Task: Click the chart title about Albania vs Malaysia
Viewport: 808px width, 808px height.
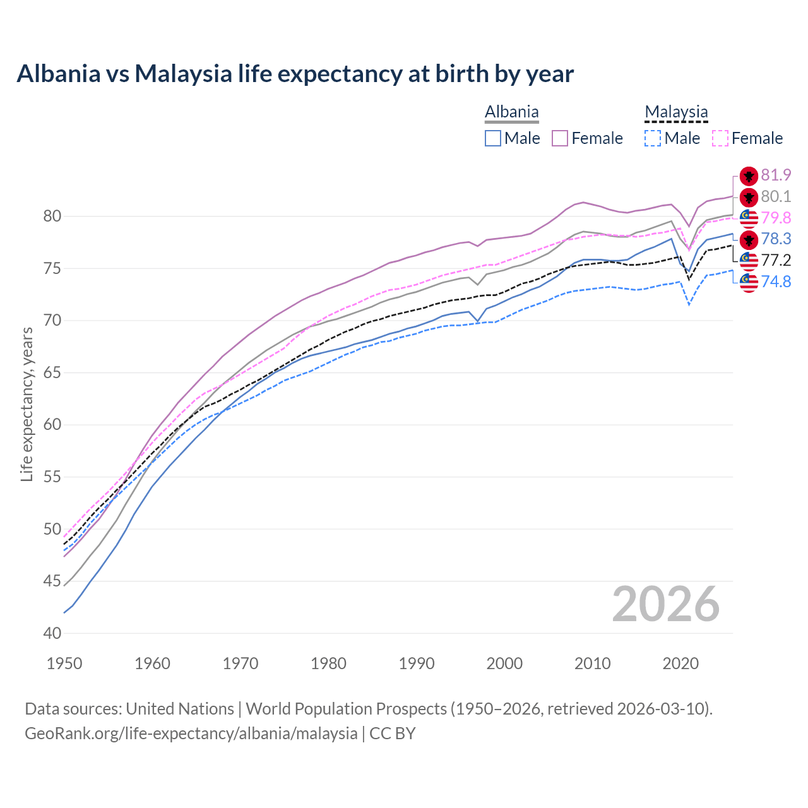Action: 295,74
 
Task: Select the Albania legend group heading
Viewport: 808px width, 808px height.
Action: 511,112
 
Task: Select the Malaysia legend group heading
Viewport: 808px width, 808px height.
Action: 676,112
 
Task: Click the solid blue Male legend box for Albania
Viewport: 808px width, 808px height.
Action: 493,138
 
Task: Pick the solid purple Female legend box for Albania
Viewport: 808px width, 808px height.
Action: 560,138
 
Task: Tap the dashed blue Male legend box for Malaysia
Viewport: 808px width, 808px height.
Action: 653,138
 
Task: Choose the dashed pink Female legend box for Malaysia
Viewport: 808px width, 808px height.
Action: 720,138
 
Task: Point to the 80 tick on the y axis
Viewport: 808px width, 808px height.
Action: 52,217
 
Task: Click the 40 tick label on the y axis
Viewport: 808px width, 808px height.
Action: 52,633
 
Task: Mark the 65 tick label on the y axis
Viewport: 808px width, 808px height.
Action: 52,372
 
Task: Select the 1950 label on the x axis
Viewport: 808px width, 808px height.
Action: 64,663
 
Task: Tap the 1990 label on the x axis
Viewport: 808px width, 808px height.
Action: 417,663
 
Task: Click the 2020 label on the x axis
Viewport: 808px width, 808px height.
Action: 680,663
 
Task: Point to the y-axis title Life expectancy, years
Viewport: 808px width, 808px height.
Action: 27,405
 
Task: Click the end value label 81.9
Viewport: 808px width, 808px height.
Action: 776,175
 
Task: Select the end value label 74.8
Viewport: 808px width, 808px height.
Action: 776,282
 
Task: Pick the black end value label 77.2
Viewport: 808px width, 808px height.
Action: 776,260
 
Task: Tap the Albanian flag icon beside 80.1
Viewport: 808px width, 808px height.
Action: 749,197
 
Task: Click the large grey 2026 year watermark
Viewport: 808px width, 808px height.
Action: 665,604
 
